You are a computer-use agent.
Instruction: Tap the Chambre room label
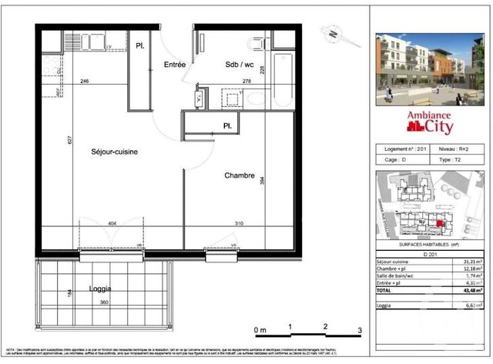(x=240, y=175)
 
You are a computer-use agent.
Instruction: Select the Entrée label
(x=175, y=65)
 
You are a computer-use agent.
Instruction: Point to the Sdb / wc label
(x=234, y=65)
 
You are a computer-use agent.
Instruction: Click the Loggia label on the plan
(x=100, y=289)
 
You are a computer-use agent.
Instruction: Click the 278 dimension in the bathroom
(x=225, y=80)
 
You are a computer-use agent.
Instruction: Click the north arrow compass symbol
(x=333, y=34)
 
